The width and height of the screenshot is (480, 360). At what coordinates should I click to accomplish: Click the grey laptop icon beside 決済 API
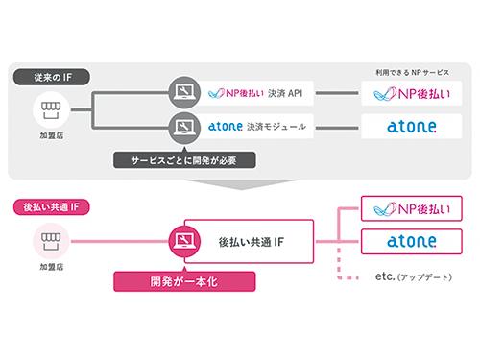coord(182,93)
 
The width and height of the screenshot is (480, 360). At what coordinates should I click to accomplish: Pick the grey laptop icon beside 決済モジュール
coord(182,126)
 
